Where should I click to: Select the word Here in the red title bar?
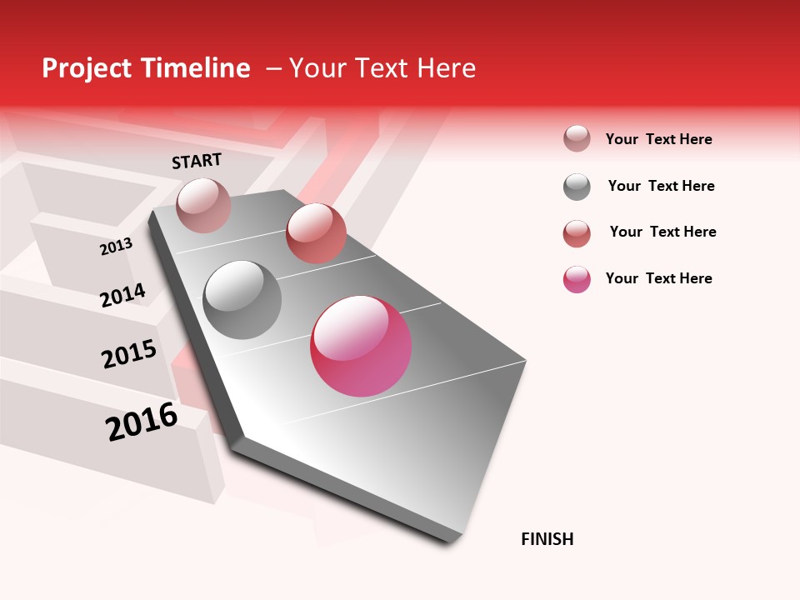click(446, 68)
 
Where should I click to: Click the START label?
click(197, 161)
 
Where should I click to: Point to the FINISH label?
click(547, 539)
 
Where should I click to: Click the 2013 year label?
click(116, 247)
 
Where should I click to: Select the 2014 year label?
click(122, 296)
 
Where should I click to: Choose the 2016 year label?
click(142, 422)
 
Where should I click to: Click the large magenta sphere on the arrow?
click(361, 346)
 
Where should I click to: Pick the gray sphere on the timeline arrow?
click(242, 300)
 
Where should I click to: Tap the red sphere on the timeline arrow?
click(316, 233)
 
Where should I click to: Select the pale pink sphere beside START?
click(203, 205)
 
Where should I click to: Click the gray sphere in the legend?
click(577, 187)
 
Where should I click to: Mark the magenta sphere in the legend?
click(577, 279)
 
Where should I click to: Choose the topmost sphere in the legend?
click(577, 139)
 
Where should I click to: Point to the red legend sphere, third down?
click(577, 233)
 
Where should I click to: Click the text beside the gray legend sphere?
click(661, 186)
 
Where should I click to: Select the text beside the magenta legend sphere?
click(658, 278)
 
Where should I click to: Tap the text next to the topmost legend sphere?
click(658, 139)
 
